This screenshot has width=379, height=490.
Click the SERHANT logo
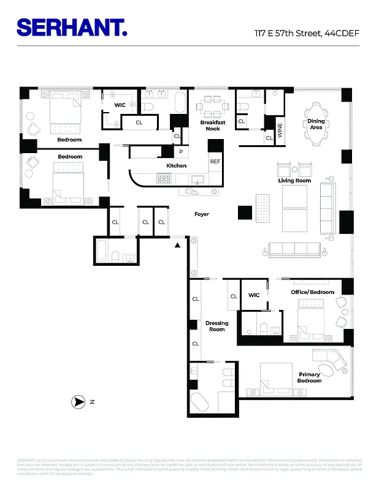(72, 28)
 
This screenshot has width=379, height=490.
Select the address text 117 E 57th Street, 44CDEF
(308, 32)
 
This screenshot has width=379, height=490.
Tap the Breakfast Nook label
(213, 126)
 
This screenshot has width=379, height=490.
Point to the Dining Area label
(316, 124)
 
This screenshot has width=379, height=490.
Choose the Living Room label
(294, 181)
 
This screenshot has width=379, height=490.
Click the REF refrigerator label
(215, 162)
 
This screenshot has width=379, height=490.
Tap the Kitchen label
(176, 166)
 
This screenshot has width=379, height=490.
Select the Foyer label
(202, 214)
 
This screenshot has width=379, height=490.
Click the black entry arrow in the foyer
(177, 245)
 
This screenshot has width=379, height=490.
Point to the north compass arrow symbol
(79, 402)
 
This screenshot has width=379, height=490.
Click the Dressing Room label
(216, 326)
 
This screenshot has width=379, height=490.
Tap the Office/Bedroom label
(312, 292)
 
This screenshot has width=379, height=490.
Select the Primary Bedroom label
(309, 377)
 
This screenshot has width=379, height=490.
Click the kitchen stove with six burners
(164, 179)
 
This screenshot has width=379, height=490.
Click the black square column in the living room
(245, 213)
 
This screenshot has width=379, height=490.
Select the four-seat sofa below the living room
(294, 249)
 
